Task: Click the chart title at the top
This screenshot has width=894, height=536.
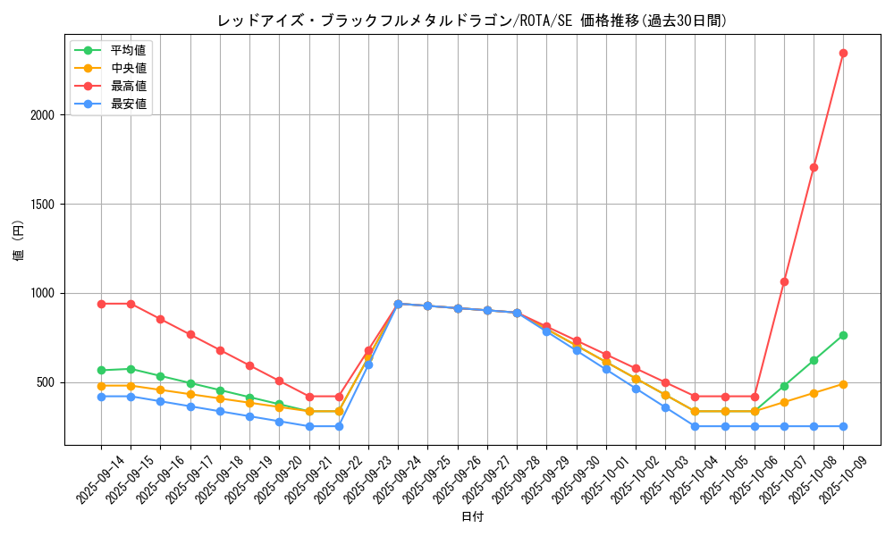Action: pos(472,21)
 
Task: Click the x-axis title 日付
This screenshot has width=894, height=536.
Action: pos(472,517)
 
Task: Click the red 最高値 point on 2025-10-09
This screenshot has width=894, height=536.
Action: pos(843,53)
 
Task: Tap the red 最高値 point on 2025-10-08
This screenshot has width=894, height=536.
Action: pos(814,167)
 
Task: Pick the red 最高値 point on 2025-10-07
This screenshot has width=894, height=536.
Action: pos(784,281)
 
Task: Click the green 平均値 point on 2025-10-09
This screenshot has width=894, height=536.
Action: pos(843,335)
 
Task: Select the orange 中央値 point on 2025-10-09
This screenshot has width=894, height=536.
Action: pos(843,384)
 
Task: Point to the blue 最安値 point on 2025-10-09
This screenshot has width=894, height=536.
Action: pos(843,426)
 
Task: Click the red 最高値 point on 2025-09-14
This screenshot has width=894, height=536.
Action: pos(101,304)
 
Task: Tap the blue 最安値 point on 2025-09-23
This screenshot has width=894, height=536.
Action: pos(368,364)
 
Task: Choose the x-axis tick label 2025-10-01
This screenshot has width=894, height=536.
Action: pos(591,478)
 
